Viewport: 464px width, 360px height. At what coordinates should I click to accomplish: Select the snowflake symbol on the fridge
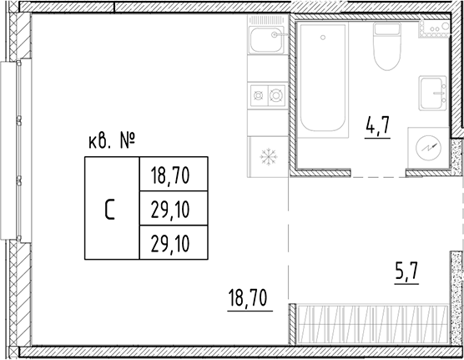click(x=269, y=155)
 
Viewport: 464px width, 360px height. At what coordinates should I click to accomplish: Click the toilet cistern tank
click(x=386, y=29)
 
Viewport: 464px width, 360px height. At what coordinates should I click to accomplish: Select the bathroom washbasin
click(x=432, y=92)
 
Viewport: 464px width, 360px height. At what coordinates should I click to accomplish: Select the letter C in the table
click(x=110, y=209)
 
